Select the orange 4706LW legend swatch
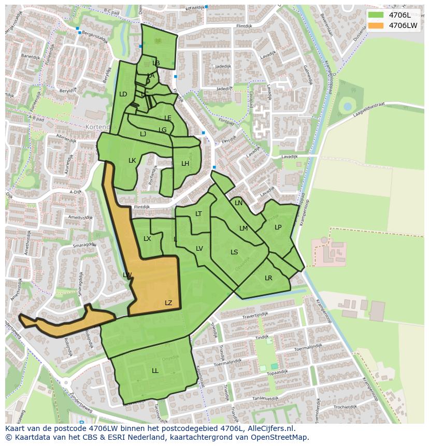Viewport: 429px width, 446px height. [x=377, y=25]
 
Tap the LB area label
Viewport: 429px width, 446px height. [x=156, y=63]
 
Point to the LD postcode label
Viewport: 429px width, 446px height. [x=123, y=94]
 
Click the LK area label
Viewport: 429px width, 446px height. [x=132, y=161]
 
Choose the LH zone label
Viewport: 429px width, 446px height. [x=185, y=164]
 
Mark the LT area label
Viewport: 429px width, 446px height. [x=198, y=214]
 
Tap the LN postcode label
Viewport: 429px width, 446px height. [x=238, y=203]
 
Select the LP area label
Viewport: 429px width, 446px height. [x=278, y=227]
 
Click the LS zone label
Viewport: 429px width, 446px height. [x=234, y=252]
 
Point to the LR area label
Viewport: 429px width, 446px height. [x=268, y=278]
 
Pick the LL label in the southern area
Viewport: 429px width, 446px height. [x=155, y=371]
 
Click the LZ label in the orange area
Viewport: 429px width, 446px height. [x=168, y=303]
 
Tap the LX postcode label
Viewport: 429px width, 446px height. [x=147, y=239]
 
